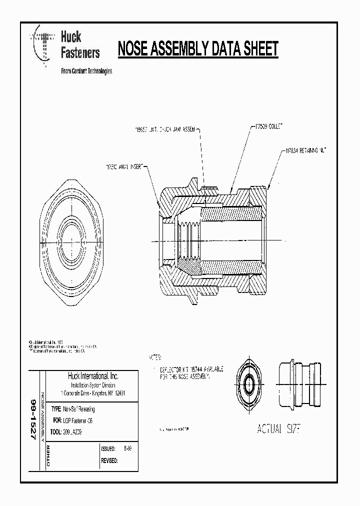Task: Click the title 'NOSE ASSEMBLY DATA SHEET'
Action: (197, 49)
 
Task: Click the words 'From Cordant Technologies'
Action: (86, 71)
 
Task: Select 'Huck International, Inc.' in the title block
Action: (92, 376)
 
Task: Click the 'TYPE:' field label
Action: (56, 409)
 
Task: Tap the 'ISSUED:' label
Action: (108, 449)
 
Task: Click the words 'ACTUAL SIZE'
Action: (277, 429)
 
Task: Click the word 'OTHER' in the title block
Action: (48, 456)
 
